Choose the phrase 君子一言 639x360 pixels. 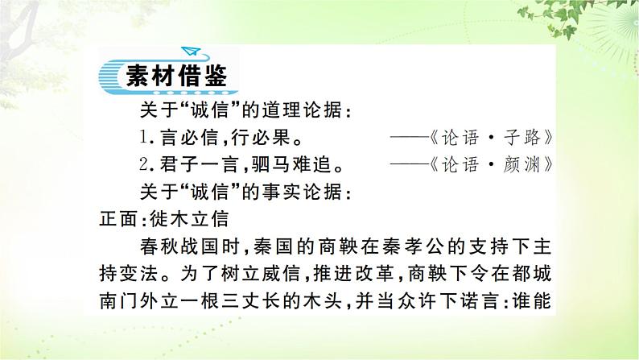(x=196, y=165)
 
